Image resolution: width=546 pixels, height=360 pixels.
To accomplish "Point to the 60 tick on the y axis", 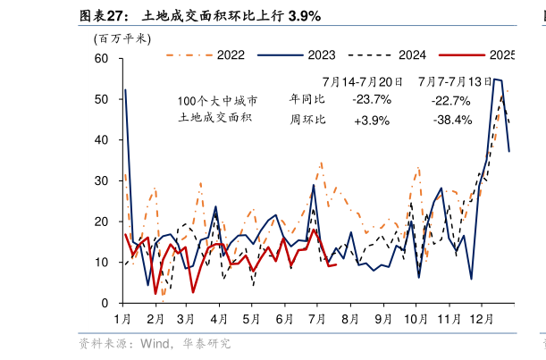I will [x=102, y=59].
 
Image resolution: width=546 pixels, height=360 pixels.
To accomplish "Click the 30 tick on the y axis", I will [x=102, y=181].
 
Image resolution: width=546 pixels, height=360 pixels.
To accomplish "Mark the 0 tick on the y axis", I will [x=105, y=304].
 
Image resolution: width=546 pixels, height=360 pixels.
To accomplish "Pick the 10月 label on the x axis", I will [x=416, y=318].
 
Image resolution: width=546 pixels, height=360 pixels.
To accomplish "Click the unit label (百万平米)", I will [x=122, y=38].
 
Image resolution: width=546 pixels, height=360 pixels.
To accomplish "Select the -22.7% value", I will [x=450, y=99].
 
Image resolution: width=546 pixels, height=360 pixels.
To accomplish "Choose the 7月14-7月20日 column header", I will [x=362, y=80].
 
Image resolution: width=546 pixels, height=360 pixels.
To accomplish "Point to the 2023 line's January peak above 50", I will [x=125, y=90].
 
